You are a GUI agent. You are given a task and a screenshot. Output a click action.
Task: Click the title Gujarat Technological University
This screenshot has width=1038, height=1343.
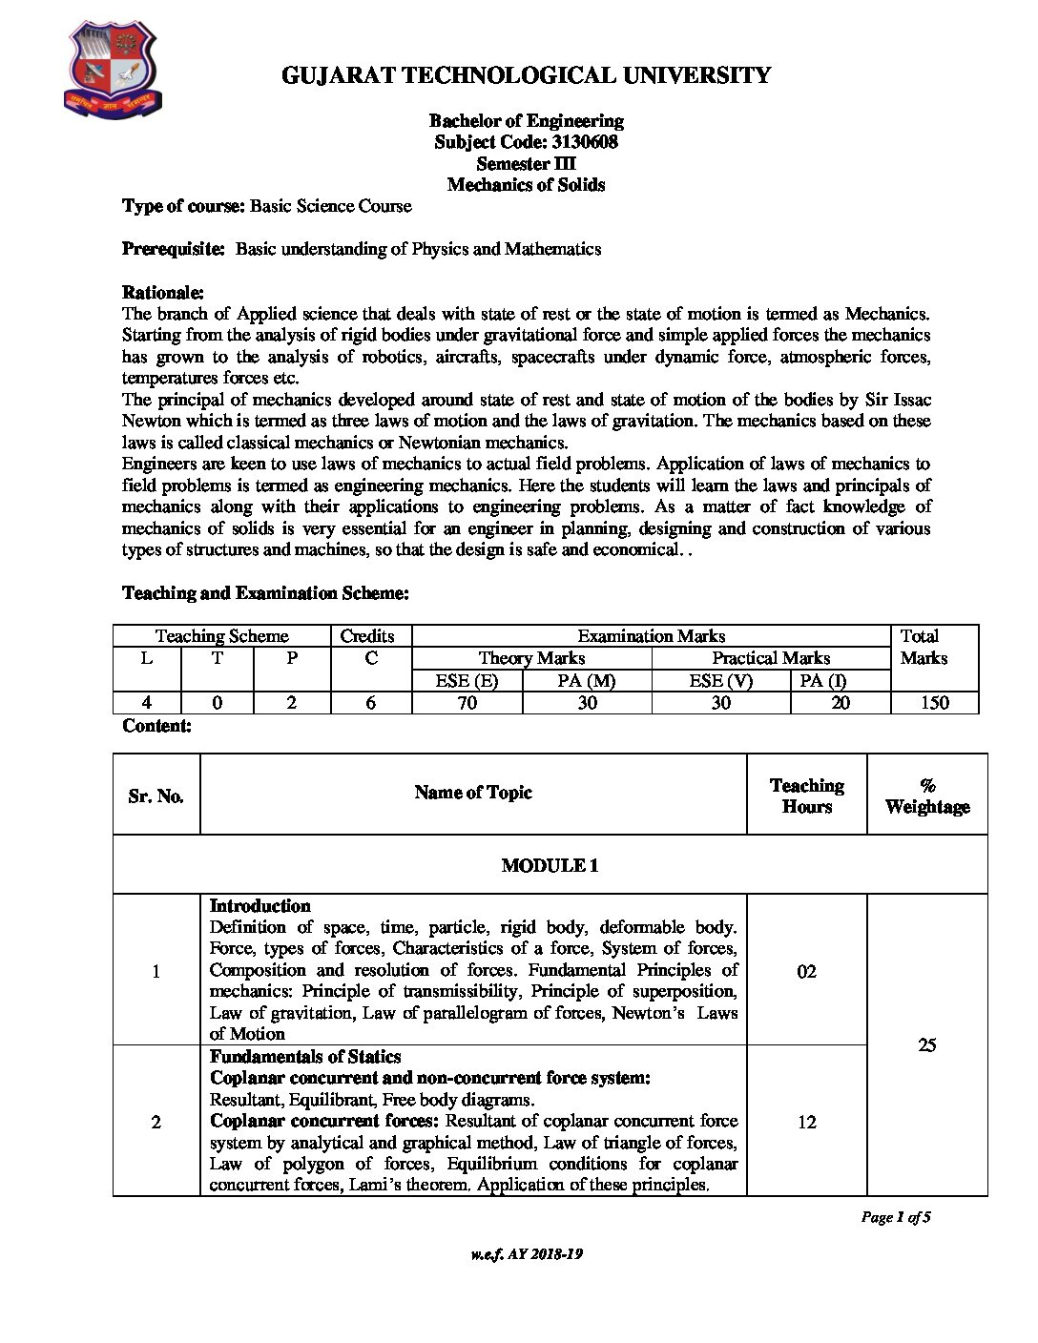[x=526, y=75]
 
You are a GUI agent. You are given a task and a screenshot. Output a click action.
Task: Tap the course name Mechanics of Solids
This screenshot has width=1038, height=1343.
[x=526, y=185]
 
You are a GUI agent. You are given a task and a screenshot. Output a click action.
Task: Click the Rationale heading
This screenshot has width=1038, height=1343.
[x=162, y=291]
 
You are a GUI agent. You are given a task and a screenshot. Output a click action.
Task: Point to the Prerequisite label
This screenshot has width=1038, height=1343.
[x=173, y=249]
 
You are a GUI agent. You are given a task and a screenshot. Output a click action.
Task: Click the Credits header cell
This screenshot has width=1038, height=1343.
[x=367, y=636]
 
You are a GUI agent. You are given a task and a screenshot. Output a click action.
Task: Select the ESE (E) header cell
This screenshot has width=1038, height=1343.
[x=467, y=680]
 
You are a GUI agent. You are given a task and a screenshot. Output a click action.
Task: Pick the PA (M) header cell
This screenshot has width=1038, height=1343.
[x=587, y=680]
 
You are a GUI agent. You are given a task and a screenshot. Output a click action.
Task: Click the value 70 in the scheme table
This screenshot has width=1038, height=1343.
[x=467, y=703]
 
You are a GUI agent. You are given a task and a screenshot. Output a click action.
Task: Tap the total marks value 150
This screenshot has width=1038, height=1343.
[x=934, y=703]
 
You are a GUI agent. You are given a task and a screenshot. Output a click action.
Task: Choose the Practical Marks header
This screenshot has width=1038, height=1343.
[x=770, y=658]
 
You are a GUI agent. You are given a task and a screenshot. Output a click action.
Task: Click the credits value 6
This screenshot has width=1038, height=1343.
[x=370, y=703]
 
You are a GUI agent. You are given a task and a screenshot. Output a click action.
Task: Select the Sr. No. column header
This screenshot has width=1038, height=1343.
[x=156, y=795]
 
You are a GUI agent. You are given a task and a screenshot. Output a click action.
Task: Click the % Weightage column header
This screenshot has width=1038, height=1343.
[x=926, y=795]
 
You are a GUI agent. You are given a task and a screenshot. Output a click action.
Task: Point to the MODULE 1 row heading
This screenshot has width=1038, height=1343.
[x=550, y=865]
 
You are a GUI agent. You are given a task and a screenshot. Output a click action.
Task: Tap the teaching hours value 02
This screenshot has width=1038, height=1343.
[x=806, y=971]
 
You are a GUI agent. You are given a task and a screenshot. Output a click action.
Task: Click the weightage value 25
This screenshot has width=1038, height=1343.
[x=926, y=1044]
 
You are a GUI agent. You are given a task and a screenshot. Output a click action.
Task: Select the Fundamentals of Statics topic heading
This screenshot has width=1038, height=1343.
[x=305, y=1057]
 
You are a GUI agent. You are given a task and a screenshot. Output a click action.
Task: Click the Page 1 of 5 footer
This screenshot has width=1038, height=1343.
[x=895, y=1217]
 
